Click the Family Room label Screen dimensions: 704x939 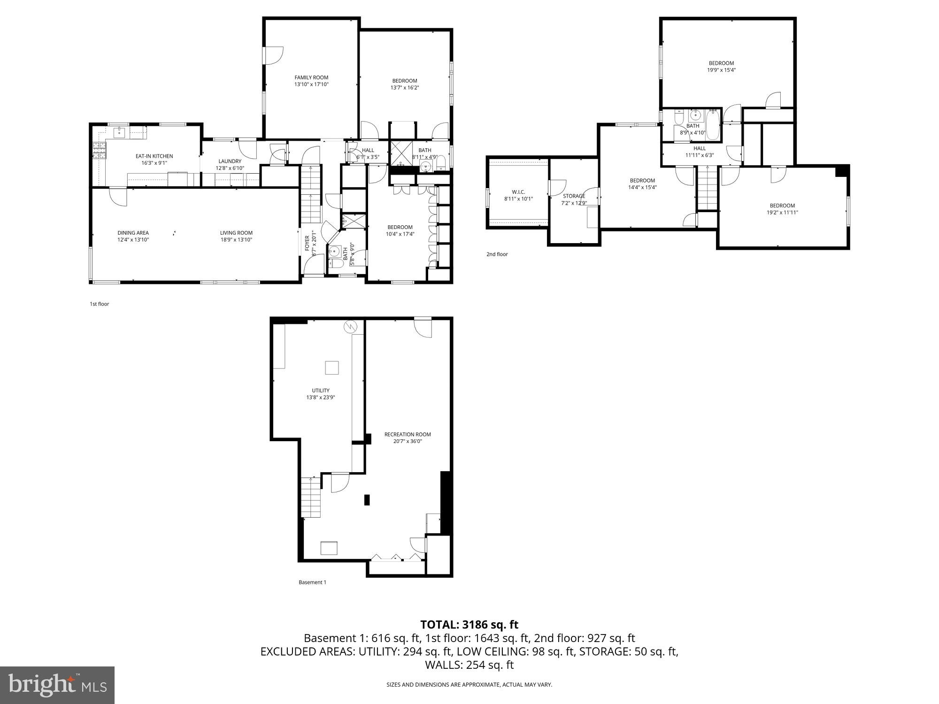tap(311, 78)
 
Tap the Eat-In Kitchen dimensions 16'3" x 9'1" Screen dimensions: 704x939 tap(154, 163)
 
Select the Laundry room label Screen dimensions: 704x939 tap(230, 161)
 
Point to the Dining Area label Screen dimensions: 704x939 tap(133, 233)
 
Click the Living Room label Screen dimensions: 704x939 tap(236, 233)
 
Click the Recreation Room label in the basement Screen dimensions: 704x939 tap(407, 434)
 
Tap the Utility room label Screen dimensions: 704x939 tap(321, 390)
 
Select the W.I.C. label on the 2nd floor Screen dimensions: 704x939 tap(518, 192)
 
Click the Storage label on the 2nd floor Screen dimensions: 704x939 tap(574, 196)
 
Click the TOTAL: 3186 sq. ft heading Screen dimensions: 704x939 tap(469, 625)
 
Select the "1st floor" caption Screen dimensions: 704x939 tap(99, 304)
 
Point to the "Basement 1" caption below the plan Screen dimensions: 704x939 tap(312, 582)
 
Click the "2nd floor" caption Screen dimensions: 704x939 tap(497, 254)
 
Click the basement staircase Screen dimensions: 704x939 tap(311, 497)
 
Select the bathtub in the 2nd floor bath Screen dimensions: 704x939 tap(713, 125)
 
